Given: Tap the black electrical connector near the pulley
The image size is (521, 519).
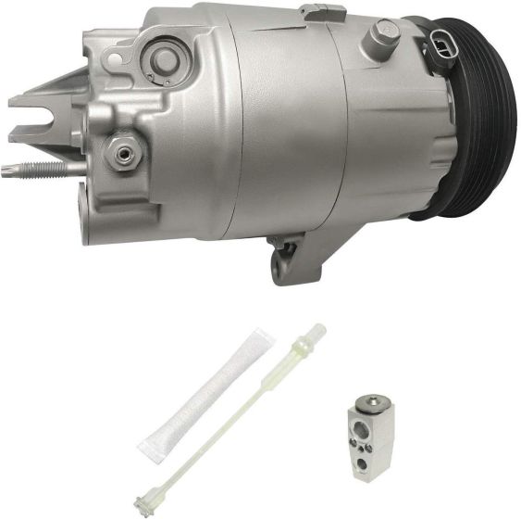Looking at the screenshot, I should pos(441,54).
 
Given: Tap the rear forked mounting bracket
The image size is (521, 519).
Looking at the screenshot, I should pos(46,102).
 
